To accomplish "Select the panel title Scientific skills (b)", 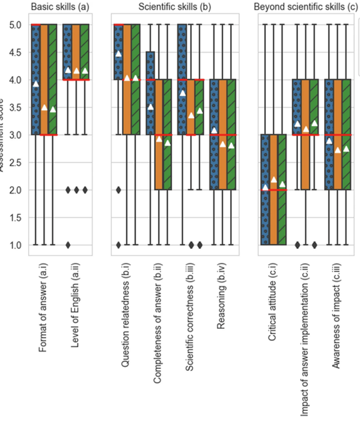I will (x=173, y=7).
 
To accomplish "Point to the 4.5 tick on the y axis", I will (x=14, y=52).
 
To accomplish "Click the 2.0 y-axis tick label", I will (x=14, y=190).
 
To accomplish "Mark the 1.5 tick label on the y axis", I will (x=14, y=218).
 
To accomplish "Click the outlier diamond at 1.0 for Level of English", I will (x=68, y=245).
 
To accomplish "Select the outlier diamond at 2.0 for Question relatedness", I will (x=119, y=190).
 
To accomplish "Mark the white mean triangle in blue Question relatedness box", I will (x=119, y=54).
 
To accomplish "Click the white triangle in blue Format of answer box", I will (x=36, y=84).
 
